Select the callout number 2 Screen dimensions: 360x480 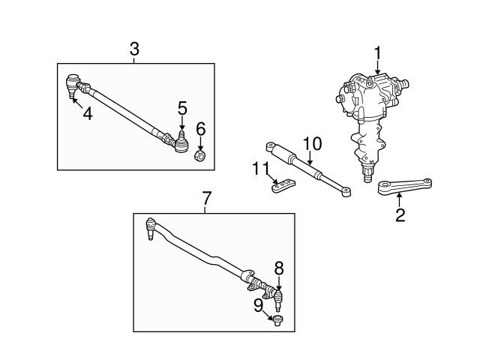(x=400, y=216)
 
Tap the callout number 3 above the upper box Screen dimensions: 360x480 (x=134, y=49)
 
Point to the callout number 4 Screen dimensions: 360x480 (x=88, y=115)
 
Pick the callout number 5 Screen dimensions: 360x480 (x=182, y=109)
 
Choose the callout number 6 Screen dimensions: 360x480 (x=201, y=128)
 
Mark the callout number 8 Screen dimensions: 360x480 (x=278, y=266)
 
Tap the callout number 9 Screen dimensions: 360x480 (x=258, y=304)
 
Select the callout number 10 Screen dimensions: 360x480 (x=311, y=142)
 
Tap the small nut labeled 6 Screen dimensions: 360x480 (x=201, y=155)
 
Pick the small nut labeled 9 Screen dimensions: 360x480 (x=278, y=322)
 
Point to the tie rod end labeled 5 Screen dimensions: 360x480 (x=180, y=140)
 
